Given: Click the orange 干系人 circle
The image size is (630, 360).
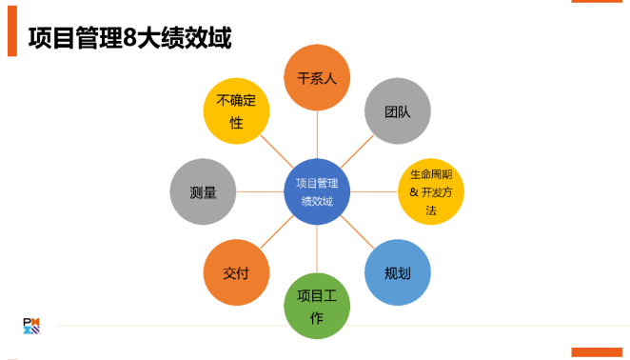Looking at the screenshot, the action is coord(317,77).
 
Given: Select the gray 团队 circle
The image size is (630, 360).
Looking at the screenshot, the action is coord(398,110).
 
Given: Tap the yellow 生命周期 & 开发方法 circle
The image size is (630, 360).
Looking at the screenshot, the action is coord(430,191).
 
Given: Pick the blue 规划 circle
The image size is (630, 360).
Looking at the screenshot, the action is coord(398,272).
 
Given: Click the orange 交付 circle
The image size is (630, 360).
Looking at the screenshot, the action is coord(236,272).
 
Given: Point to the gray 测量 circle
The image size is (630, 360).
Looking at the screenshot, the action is coord(203,191).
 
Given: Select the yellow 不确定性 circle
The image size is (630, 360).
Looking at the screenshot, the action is coord(236,110).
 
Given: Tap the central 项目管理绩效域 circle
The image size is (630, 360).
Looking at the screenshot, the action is coord(317,191).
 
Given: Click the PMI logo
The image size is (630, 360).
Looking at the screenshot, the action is coord(32,324).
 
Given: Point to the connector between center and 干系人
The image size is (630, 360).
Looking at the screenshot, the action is coord(317,134).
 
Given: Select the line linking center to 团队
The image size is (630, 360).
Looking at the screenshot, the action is coord(358,150).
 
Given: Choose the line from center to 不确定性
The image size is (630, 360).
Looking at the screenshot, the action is coord(276,150).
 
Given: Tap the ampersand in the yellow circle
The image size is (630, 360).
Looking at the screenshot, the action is coord(414,192).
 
